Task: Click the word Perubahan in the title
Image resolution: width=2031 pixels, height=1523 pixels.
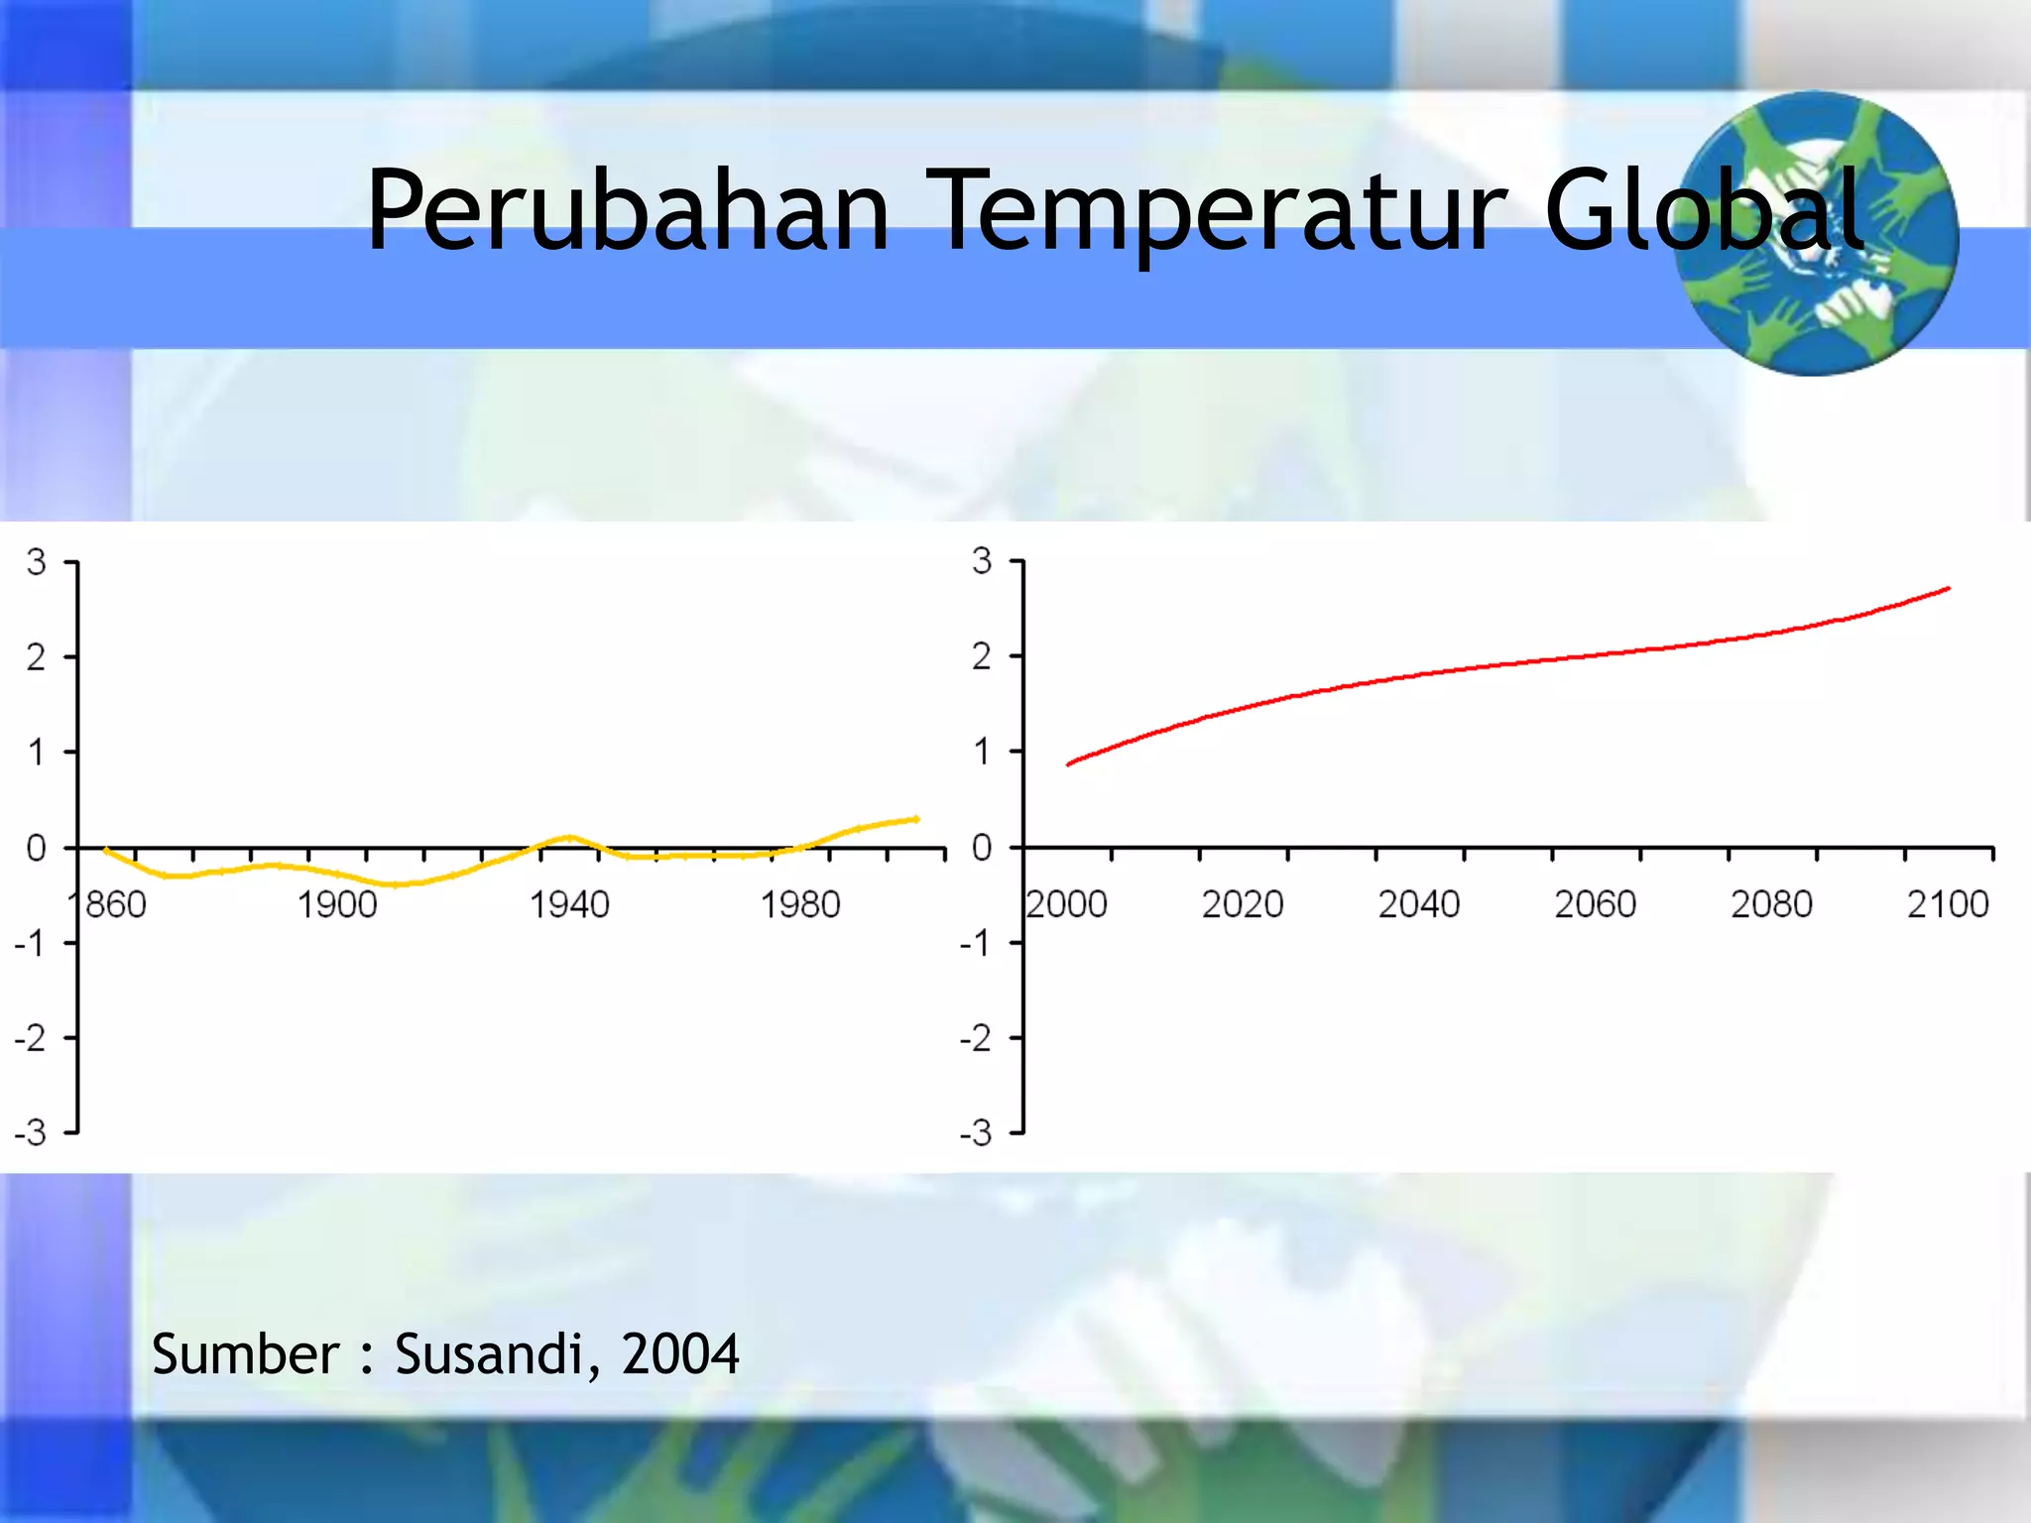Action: (627, 211)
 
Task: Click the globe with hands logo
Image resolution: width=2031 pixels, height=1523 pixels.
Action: (1815, 234)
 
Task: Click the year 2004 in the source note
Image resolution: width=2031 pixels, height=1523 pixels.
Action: (679, 1354)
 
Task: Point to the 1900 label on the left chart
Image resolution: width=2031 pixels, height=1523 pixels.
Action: (337, 905)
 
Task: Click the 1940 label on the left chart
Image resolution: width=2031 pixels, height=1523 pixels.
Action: (568, 905)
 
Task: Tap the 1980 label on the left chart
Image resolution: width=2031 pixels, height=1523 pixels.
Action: (799, 905)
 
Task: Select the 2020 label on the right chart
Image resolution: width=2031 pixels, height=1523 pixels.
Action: (1242, 904)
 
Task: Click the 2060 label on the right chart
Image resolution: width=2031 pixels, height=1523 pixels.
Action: (1595, 904)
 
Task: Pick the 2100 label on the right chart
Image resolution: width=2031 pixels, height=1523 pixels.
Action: (1948, 904)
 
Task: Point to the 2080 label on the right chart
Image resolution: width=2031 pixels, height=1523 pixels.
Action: (1771, 904)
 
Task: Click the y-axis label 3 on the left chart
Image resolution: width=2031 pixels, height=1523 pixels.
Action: (37, 563)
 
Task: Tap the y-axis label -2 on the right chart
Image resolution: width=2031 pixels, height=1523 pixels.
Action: (976, 1038)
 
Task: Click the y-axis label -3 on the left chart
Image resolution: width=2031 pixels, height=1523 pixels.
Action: (31, 1132)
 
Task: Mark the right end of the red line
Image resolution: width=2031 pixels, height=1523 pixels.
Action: (1949, 589)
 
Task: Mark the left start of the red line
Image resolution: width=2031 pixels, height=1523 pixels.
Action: (1068, 764)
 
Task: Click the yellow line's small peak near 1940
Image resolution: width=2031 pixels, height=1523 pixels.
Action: (568, 837)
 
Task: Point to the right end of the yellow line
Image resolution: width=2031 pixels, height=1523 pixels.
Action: (917, 819)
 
